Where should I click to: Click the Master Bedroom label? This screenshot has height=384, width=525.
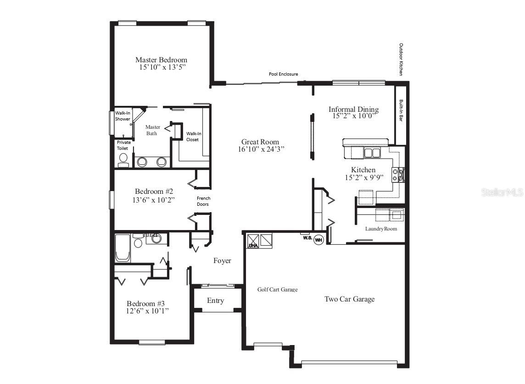pos(161,60)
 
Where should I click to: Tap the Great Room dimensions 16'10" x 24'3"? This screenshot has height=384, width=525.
pos(260,149)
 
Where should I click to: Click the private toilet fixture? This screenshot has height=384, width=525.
pos(123,159)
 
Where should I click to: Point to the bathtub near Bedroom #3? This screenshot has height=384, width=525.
pos(123,248)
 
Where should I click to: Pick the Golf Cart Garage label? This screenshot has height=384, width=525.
pos(277,290)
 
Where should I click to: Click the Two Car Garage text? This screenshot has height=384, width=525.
pos(349,299)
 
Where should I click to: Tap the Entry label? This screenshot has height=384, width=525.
pos(215,301)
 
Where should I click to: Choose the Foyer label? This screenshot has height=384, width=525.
pos(222,261)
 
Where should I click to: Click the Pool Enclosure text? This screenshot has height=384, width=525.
pos(283,74)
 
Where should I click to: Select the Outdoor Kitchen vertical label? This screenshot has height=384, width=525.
pos(401,59)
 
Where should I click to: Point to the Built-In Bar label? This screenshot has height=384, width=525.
pos(401,110)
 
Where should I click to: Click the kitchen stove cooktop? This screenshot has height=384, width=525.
pos(397,175)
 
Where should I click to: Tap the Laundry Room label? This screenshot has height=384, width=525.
pos(381,229)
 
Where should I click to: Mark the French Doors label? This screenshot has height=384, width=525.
pos(203,201)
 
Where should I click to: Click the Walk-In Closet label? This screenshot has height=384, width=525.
pos(193,137)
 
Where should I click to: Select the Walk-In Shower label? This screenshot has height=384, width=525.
pos(123,116)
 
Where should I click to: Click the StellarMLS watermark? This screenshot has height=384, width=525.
pos(502,192)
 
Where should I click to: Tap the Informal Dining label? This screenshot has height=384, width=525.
pos(353,109)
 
